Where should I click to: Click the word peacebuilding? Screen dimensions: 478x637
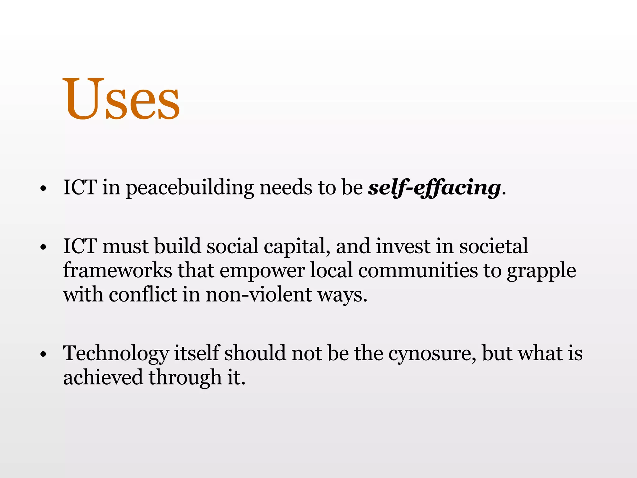coord(190,188)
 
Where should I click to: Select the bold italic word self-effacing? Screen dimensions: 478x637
coord(434,188)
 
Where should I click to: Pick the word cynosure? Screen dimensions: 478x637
coord(432,354)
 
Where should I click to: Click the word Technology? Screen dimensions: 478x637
coord(116,354)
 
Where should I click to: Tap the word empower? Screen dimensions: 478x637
coord(262,271)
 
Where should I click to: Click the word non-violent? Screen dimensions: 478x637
coord(258,294)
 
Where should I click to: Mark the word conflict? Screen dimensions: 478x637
coord(142,294)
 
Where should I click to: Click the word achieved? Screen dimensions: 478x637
coord(103,377)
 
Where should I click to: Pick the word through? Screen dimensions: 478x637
coord(185,378)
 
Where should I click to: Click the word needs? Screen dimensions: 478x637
coord(286,188)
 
